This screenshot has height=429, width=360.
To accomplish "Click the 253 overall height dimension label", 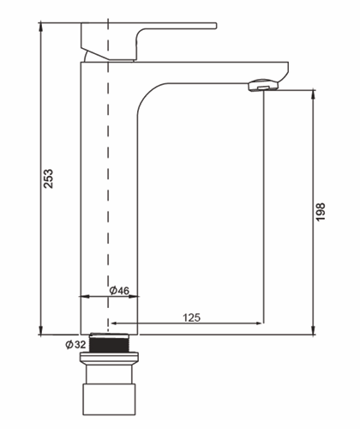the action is [x=48, y=178].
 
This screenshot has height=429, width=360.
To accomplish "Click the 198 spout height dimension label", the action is [x=321, y=212].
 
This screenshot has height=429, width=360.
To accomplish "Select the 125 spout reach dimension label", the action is [x=192, y=317].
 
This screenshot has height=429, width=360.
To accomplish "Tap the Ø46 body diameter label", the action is [x=119, y=291].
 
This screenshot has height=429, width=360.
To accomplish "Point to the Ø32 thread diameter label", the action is [x=75, y=345].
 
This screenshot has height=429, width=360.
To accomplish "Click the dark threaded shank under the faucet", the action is [x=109, y=343].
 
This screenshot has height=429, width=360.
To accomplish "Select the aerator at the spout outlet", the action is [x=263, y=85].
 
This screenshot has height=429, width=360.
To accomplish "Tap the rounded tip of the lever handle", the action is [x=216, y=26].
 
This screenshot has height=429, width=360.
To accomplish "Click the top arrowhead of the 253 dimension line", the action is [x=41, y=27].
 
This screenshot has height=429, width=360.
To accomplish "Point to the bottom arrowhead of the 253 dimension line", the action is [x=41, y=329].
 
